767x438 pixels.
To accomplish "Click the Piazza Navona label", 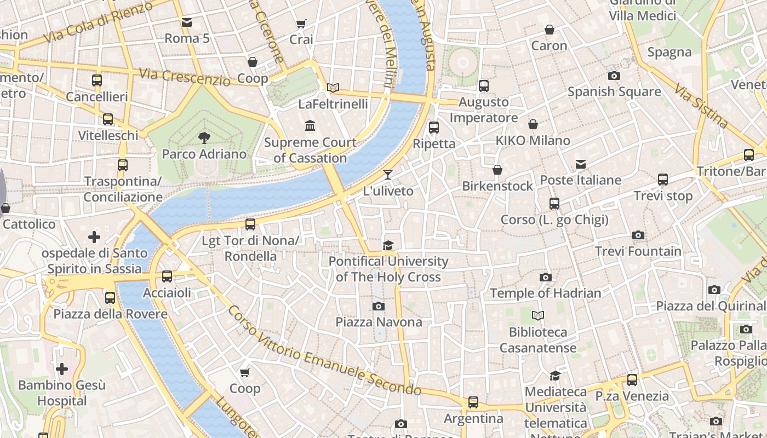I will (x=379, y=322).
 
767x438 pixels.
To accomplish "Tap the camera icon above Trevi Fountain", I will (x=638, y=235).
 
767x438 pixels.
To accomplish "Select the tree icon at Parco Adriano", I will (x=204, y=137).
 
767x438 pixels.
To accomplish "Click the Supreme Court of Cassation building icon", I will (x=310, y=126).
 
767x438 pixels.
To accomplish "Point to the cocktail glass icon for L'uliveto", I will (x=388, y=175).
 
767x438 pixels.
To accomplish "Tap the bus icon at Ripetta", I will (x=434, y=128).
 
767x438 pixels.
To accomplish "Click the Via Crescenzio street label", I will (x=184, y=77).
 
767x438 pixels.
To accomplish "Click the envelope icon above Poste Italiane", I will (x=581, y=164).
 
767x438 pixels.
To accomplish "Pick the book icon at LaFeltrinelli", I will (x=333, y=88).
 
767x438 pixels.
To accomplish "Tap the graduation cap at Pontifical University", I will (x=388, y=245).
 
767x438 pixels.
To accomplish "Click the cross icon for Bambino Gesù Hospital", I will (x=62, y=369).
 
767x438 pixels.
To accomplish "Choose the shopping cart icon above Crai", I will (x=301, y=24).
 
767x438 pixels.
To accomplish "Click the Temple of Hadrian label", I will (x=545, y=293).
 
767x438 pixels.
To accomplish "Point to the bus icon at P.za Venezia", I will (x=632, y=379).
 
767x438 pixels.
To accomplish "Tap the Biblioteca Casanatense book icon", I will (x=538, y=315).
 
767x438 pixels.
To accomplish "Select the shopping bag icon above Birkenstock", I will (x=497, y=170).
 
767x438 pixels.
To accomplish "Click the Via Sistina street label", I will (x=701, y=105).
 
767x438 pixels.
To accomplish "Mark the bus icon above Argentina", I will (x=473, y=402).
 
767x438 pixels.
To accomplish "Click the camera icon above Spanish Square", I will (x=614, y=76).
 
